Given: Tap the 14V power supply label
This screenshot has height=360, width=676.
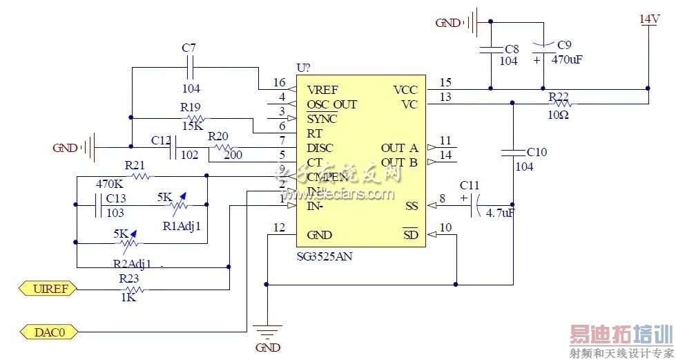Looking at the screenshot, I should [648, 19].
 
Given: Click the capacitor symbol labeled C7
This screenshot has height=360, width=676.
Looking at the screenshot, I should [190, 68].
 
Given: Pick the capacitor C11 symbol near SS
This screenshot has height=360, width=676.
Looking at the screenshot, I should [473, 206].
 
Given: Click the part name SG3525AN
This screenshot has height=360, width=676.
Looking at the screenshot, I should [325, 256].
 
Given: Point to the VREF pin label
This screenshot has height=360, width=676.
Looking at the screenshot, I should [322, 90].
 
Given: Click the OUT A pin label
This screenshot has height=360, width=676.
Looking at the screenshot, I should [399, 148].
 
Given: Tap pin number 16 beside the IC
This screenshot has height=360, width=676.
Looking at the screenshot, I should [279, 82].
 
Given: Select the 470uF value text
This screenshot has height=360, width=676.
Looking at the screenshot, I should [567, 60].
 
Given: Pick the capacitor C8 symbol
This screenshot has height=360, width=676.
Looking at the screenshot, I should [490, 50].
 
